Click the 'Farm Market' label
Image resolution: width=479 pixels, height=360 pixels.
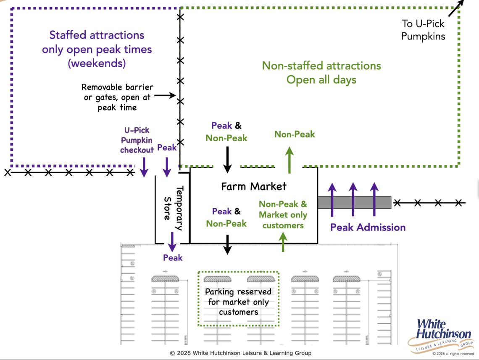pyautogui.click(x=254, y=186)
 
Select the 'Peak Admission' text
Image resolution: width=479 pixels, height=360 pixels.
pyautogui.click(x=368, y=228)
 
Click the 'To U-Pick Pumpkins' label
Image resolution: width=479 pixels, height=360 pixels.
pyautogui.click(x=423, y=30)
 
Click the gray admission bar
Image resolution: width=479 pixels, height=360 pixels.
pyautogui.click(x=354, y=203)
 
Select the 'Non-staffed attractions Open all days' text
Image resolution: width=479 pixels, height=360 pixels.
pyautogui.click(x=321, y=72)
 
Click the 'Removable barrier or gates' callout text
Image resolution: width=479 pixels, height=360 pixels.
pyautogui.click(x=117, y=97)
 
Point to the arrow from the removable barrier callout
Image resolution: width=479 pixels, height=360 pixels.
pyautogui.click(x=165, y=96)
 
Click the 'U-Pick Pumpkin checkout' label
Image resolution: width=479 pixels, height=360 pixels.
pyautogui.click(x=137, y=140)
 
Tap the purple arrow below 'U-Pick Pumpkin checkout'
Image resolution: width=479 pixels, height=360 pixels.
pyautogui.click(x=144, y=167)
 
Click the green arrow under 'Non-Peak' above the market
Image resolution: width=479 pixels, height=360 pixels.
pyautogui.click(x=289, y=160)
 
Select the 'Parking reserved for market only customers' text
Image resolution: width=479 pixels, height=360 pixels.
pyautogui.click(x=238, y=302)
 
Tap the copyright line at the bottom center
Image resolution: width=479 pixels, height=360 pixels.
pyautogui.click(x=241, y=353)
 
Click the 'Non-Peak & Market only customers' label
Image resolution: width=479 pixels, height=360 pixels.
pyautogui.click(x=283, y=214)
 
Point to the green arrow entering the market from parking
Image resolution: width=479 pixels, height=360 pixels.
pyautogui.click(x=283, y=242)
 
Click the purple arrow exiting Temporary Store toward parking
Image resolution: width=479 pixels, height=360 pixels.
pyautogui.click(x=172, y=241)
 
